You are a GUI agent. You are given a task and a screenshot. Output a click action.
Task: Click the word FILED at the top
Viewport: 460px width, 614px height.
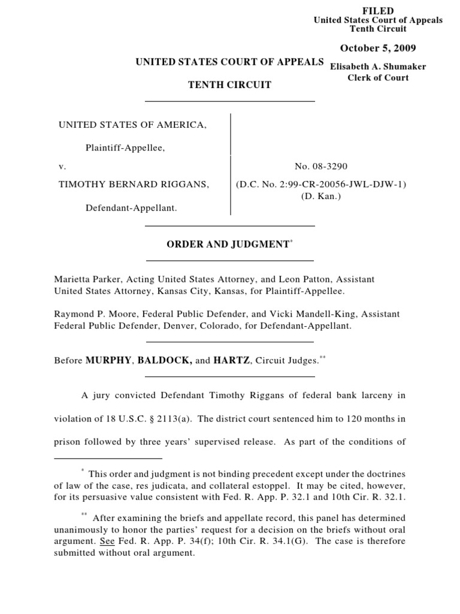[378, 11]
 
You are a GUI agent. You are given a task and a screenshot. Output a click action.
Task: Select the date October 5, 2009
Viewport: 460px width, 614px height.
[378, 48]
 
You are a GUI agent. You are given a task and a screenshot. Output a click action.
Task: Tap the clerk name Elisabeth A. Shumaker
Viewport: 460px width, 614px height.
[378, 67]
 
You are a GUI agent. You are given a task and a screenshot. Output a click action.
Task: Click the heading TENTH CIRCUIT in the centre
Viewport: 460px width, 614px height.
[231, 85]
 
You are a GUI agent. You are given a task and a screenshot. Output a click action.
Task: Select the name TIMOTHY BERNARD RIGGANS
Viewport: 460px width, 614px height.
[134, 184]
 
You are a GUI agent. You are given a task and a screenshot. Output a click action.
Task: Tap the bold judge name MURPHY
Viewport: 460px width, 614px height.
[110, 360]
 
